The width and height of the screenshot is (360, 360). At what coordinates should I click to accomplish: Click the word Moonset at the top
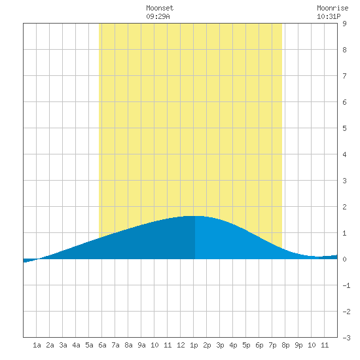(x=160, y=8)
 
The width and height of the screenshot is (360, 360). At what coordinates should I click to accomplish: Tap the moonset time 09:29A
(x=158, y=16)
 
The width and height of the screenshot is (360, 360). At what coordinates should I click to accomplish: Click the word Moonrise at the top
(x=333, y=8)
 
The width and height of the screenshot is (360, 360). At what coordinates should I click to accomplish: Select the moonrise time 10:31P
(x=329, y=16)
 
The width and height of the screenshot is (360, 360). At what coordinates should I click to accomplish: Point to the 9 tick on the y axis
(x=344, y=24)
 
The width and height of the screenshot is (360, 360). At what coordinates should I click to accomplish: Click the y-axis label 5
(x=344, y=128)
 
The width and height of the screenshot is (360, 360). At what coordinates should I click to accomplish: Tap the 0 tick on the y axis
(x=344, y=259)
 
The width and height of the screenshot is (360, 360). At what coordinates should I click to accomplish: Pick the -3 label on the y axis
(x=346, y=338)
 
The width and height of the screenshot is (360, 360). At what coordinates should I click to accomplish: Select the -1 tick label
(x=346, y=285)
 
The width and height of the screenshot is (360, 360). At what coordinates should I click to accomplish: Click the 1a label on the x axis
(x=37, y=345)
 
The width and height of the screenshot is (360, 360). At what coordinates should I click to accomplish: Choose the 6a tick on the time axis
(x=102, y=345)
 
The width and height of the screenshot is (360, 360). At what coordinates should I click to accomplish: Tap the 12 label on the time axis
(x=181, y=345)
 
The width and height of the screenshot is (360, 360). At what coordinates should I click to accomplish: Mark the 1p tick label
(x=194, y=345)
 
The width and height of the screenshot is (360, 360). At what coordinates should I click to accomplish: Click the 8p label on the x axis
(x=285, y=345)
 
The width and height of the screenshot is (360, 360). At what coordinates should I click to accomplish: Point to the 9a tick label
(x=141, y=345)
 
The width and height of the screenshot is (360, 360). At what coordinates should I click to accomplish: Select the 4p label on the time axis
(x=233, y=345)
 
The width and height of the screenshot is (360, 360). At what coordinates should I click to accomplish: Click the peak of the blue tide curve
(x=194, y=216)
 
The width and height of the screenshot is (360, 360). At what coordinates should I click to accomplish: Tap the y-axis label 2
(x=344, y=207)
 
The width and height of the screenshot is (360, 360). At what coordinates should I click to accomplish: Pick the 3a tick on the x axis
(x=63, y=345)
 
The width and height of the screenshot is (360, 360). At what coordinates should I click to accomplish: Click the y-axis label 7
(x=344, y=76)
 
